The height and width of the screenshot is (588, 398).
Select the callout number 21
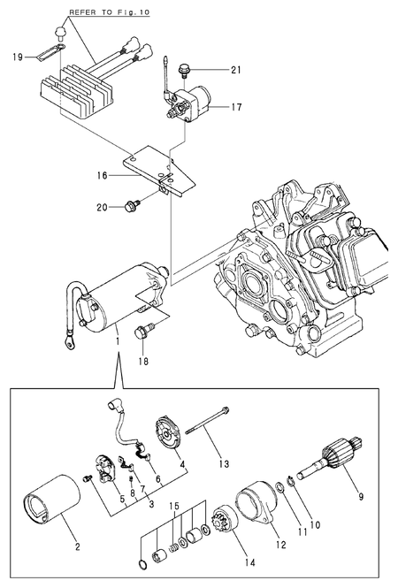[234, 70]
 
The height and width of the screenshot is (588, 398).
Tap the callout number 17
[235, 109]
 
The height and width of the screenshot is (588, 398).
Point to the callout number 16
[103, 176]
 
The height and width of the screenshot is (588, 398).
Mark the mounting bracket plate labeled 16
[164, 168]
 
